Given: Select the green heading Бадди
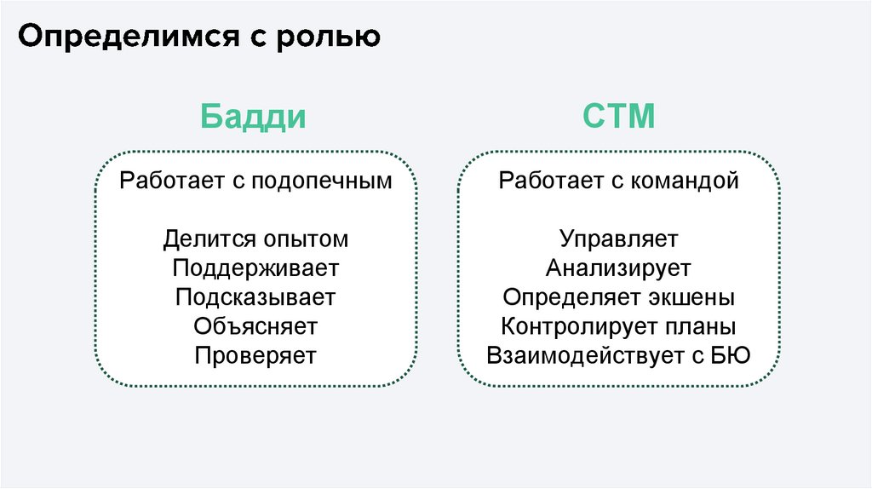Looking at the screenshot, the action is (254, 116).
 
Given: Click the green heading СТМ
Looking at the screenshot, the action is (618, 116).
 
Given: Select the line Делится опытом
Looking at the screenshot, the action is (255, 239).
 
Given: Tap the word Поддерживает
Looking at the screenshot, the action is (255, 268).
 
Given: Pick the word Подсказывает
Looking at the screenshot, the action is (255, 298).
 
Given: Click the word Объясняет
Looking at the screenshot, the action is (255, 326).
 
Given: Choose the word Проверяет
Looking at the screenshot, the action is (255, 355).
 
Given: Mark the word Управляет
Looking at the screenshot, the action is (618, 239).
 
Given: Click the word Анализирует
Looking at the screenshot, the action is (618, 268).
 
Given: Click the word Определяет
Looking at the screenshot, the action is (565, 298).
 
